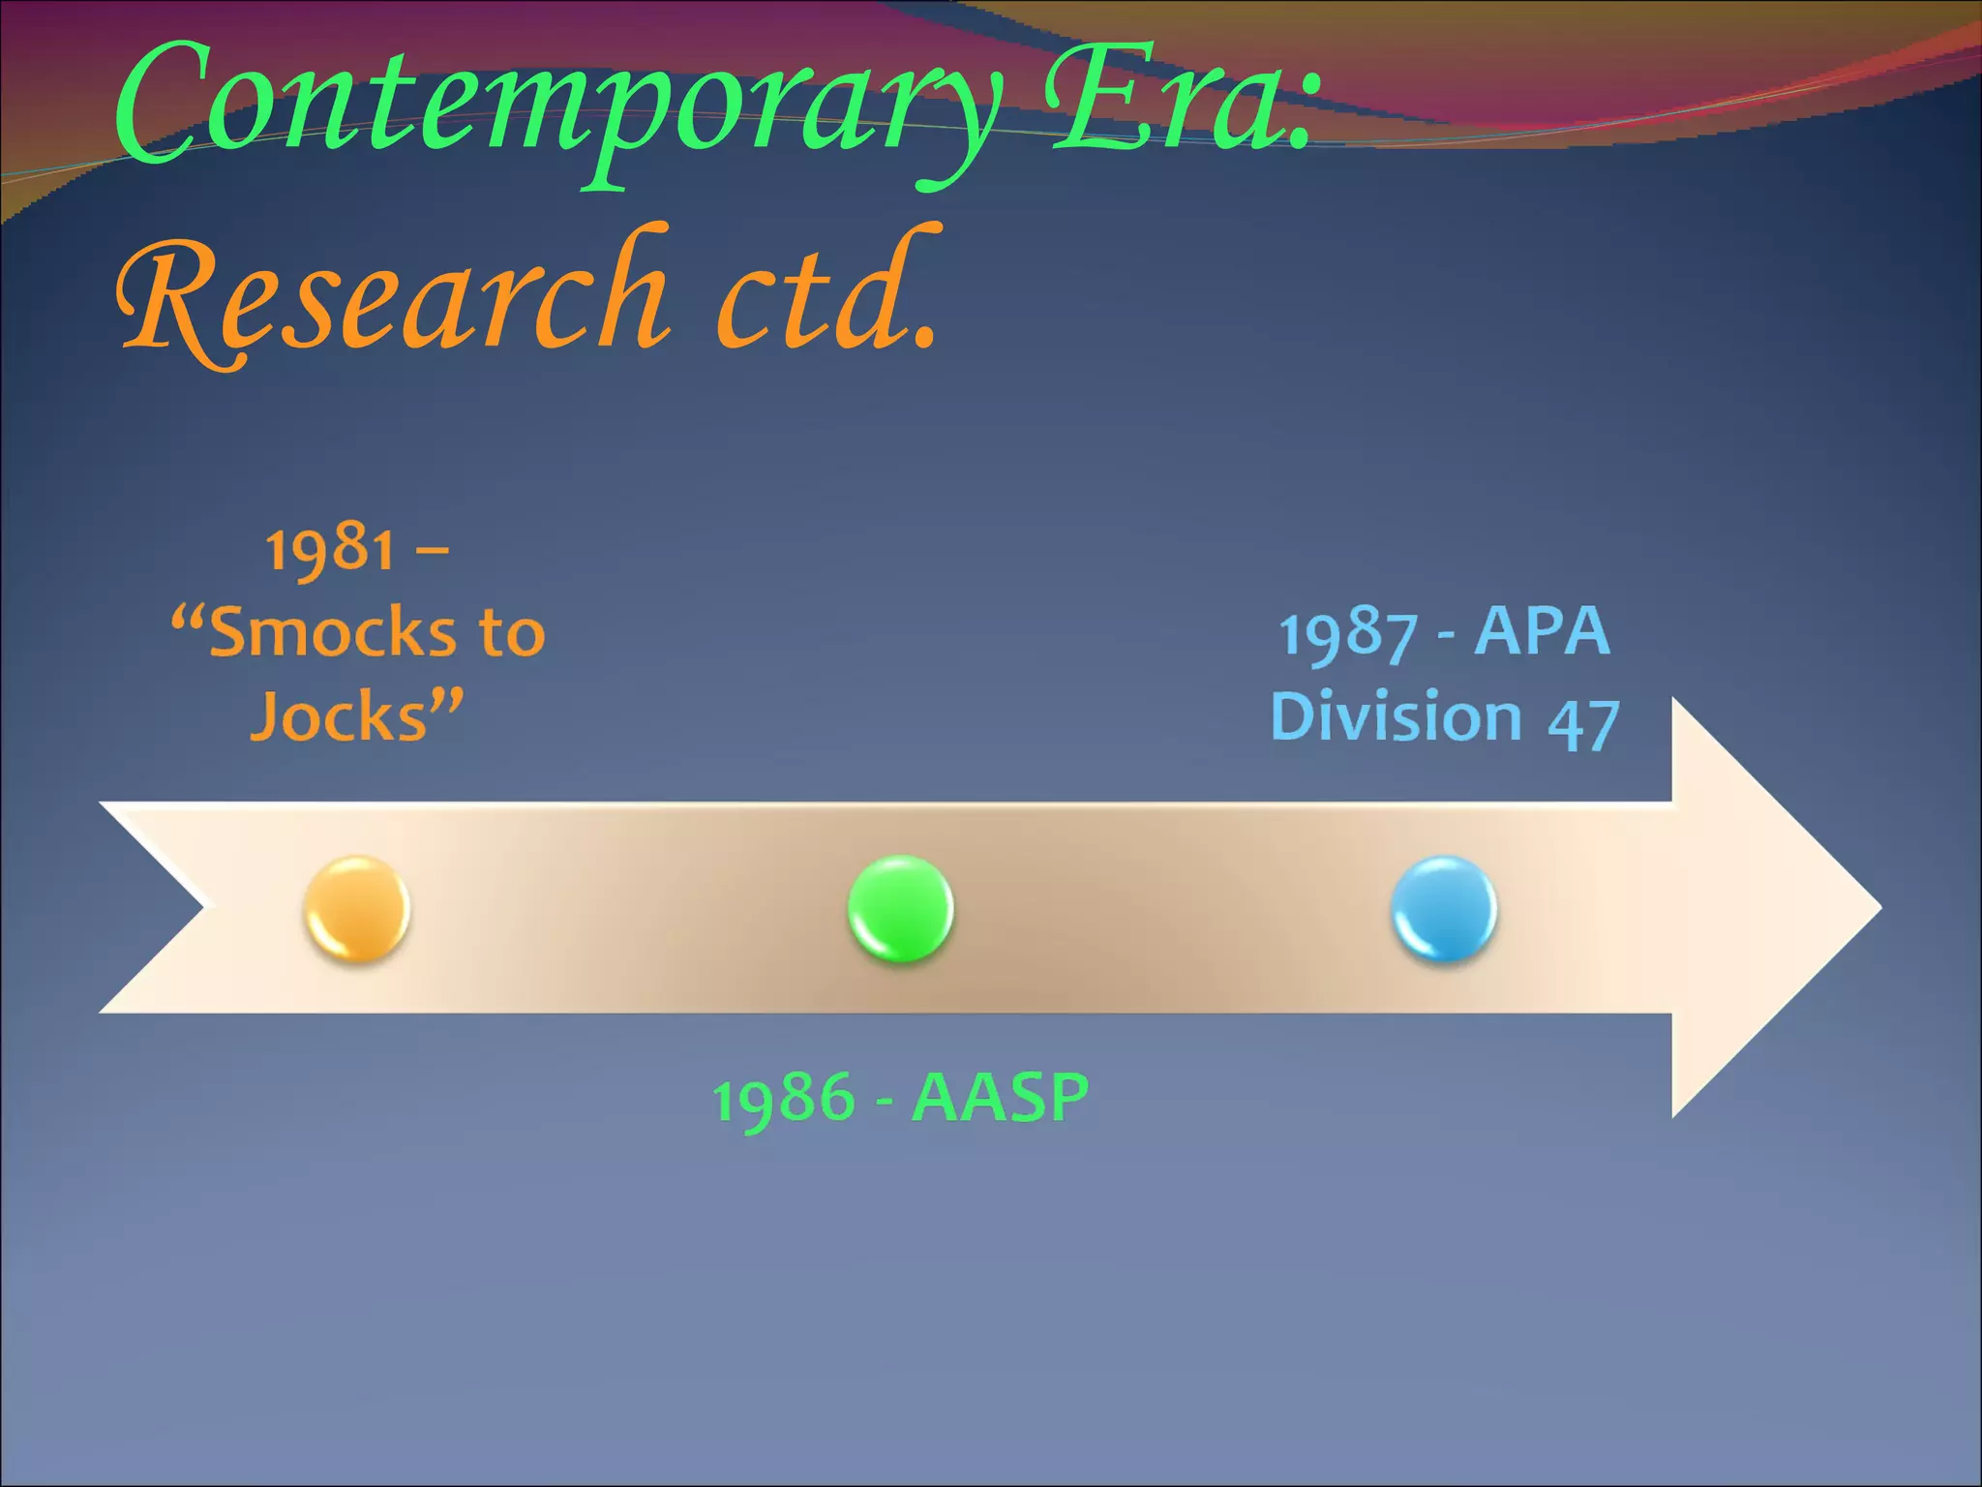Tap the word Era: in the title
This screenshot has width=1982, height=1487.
(1181, 102)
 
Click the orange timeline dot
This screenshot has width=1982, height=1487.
(357, 908)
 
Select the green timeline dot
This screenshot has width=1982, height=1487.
(901, 908)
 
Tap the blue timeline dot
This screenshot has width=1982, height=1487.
(1444, 908)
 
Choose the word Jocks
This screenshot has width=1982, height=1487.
(340, 717)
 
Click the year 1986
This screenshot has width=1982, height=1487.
(785, 1100)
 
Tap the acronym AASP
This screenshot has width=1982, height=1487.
(1001, 1098)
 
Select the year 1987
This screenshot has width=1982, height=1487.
(1349, 635)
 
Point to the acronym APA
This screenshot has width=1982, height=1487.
(1543, 631)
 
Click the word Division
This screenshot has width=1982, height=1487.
(1396, 717)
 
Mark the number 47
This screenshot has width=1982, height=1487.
(1583, 723)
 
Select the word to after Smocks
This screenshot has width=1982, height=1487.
(512, 633)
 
